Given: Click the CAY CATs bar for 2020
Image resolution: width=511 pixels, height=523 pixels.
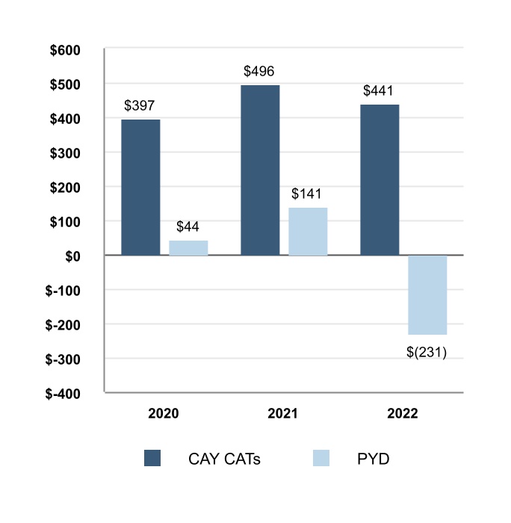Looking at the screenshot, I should [x=140, y=188].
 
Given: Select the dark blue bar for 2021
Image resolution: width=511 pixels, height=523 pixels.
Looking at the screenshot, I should [x=260, y=170].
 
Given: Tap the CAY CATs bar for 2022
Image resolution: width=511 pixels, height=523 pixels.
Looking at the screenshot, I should [x=380, y=180].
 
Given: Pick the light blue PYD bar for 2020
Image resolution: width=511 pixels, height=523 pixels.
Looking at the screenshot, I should [x=188, y=248].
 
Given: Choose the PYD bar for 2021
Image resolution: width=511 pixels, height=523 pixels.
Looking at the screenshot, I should [x=308, y=232].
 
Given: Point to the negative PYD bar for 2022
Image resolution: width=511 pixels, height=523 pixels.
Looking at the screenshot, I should [x=427, y=295].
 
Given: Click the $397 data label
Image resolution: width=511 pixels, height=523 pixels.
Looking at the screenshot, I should [x=140, y=105].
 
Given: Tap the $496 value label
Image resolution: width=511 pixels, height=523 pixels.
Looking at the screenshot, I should [x=259, y=72].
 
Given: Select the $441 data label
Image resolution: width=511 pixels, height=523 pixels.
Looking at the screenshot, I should [x=379, y=90].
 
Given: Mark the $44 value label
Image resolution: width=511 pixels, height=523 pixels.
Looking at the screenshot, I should [x=188, y=226].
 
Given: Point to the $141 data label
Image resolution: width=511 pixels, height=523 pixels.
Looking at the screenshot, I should [x=308, y=194].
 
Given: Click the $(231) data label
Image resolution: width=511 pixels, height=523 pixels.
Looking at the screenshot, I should [x=426, y=352].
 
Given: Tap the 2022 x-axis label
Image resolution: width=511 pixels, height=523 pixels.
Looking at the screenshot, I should [x=403, y=413].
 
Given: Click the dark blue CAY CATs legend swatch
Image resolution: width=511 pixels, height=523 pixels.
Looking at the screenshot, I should [x=152, y=459].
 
